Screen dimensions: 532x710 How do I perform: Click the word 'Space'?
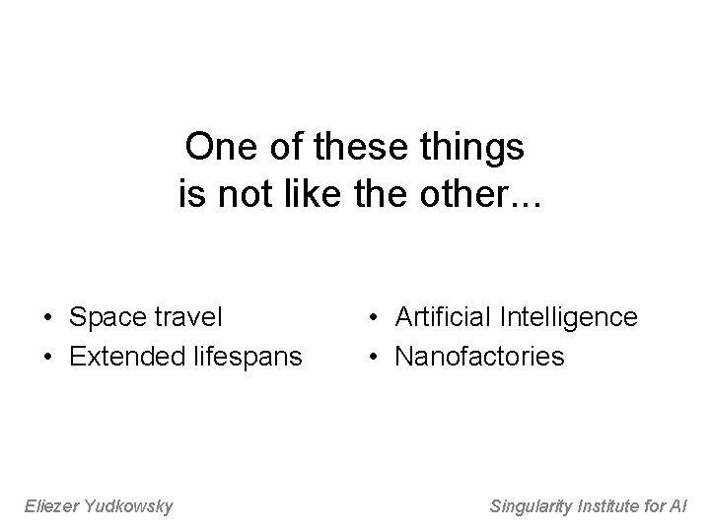[x=106, y=318]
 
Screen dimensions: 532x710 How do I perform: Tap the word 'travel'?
[x=186, y=317]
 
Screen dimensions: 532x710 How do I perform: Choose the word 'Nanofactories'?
[x=480, y=355]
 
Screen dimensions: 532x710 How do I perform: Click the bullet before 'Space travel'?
[x=46, y=318]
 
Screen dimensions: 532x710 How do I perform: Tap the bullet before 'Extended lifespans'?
[x=46, y=356]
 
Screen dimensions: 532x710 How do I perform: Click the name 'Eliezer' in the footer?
[x=50, y=506]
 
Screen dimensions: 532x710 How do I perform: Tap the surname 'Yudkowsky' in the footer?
[x=129, y=506]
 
